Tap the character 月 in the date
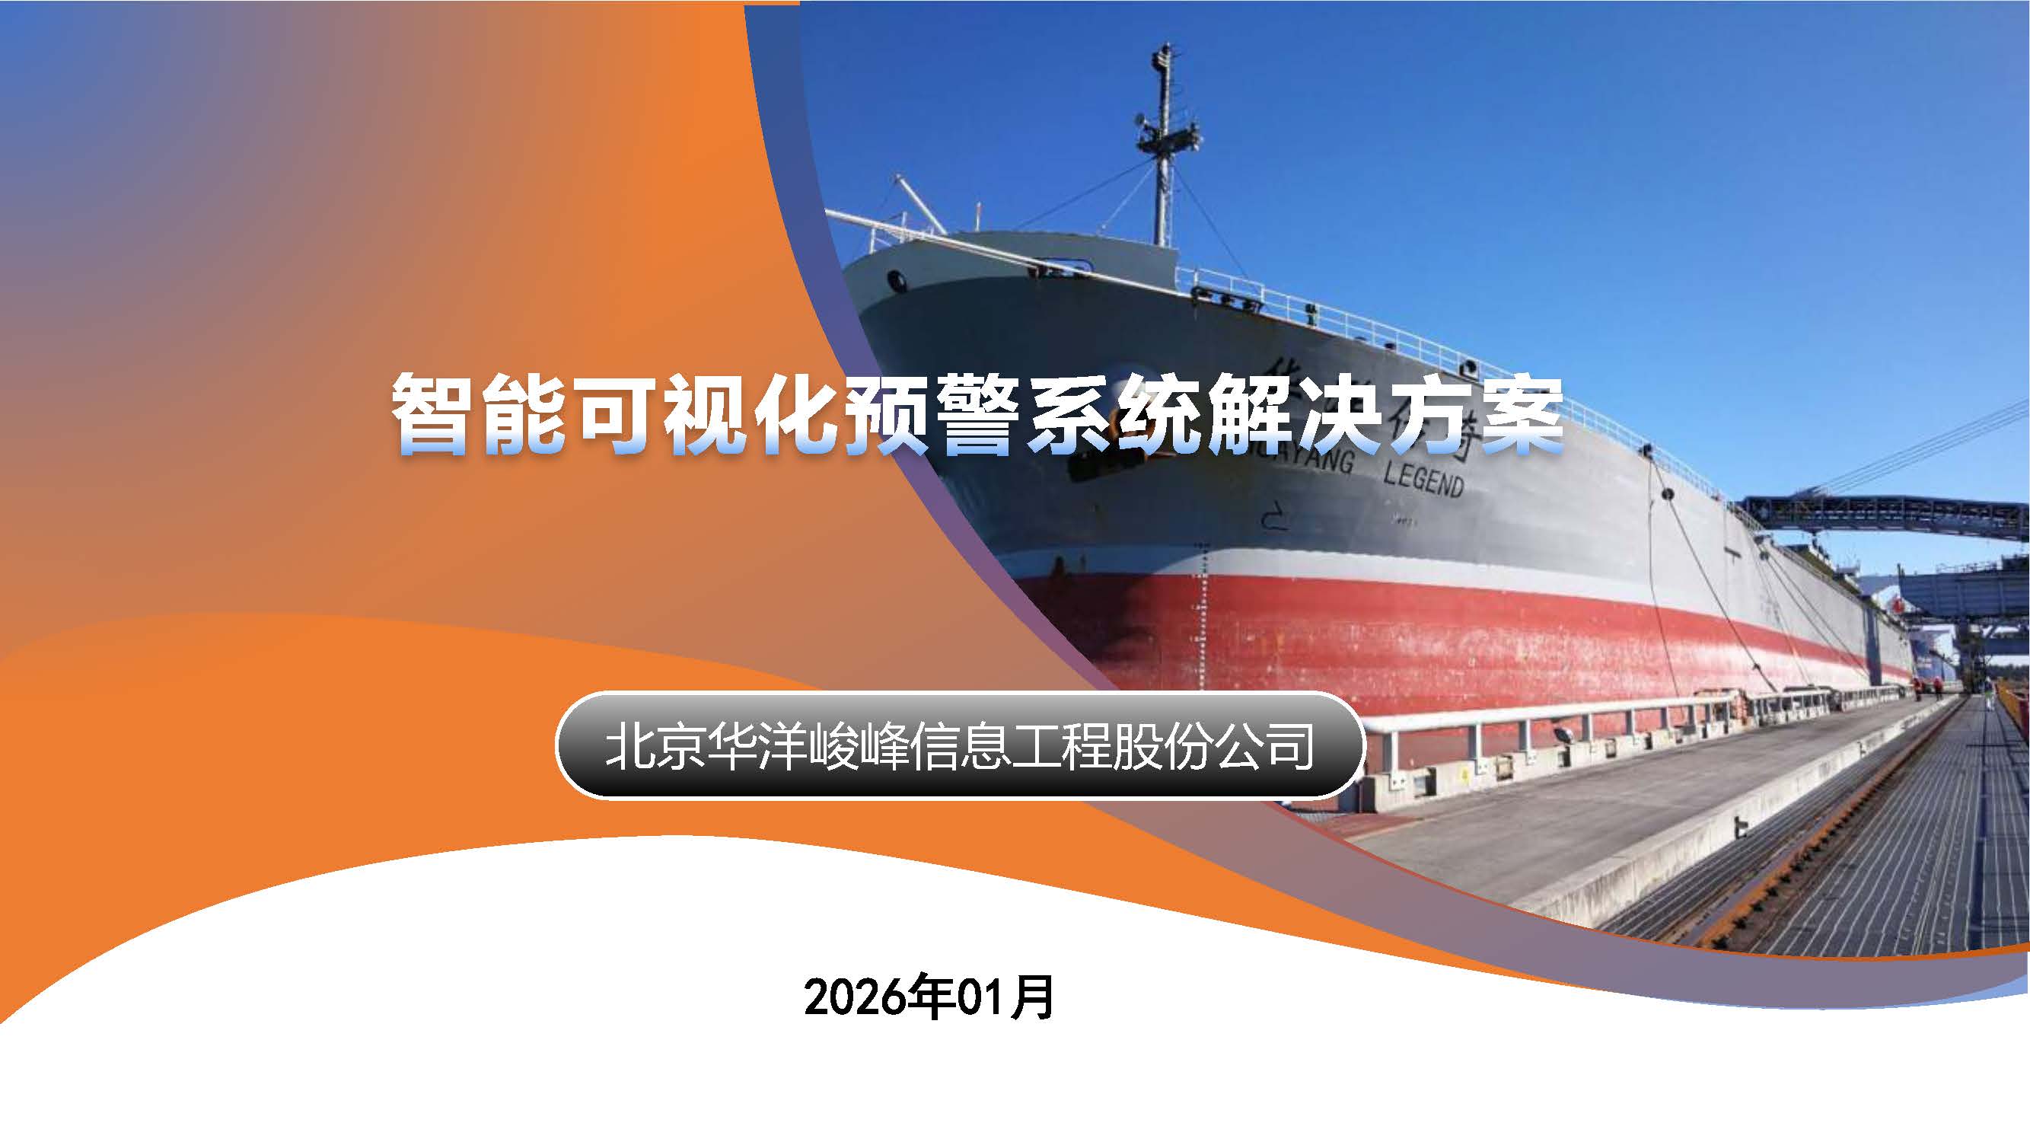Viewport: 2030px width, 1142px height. pyautogui.click(x=1033, y=998)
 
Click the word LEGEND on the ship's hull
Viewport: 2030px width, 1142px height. pyautogui.click(x=1424, y=478)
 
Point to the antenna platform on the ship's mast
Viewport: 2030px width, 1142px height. pyautogui.click(x=1168, y=142)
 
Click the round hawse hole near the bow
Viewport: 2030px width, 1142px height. pyautogui.click(x=895, y=279)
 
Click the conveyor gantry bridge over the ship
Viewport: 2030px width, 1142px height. pyautogui.click(x=1883, y=516)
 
